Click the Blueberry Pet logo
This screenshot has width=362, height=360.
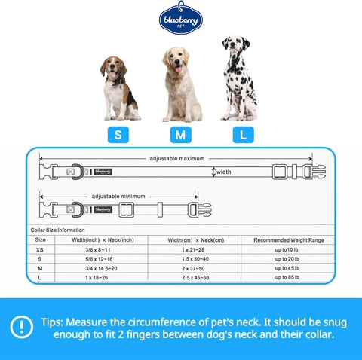181,18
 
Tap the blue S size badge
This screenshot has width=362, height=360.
118,135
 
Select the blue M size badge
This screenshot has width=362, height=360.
181,135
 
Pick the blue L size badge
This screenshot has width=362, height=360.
244,135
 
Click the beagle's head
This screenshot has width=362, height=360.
113,67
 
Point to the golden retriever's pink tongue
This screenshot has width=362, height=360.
178,69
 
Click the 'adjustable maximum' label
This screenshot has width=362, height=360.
177,159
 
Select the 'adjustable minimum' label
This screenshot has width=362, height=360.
118,197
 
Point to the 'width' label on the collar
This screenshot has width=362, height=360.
223,172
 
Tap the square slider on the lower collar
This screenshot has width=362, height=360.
126,210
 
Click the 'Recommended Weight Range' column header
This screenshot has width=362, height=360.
289,240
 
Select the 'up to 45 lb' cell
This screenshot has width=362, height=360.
287,268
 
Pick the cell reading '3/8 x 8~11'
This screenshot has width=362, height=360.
98,250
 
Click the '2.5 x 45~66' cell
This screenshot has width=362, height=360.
195,278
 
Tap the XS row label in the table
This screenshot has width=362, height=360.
40,250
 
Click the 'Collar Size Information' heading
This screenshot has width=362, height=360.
57,230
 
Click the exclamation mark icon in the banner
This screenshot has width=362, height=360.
21,327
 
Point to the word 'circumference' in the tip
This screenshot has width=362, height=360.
162,322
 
